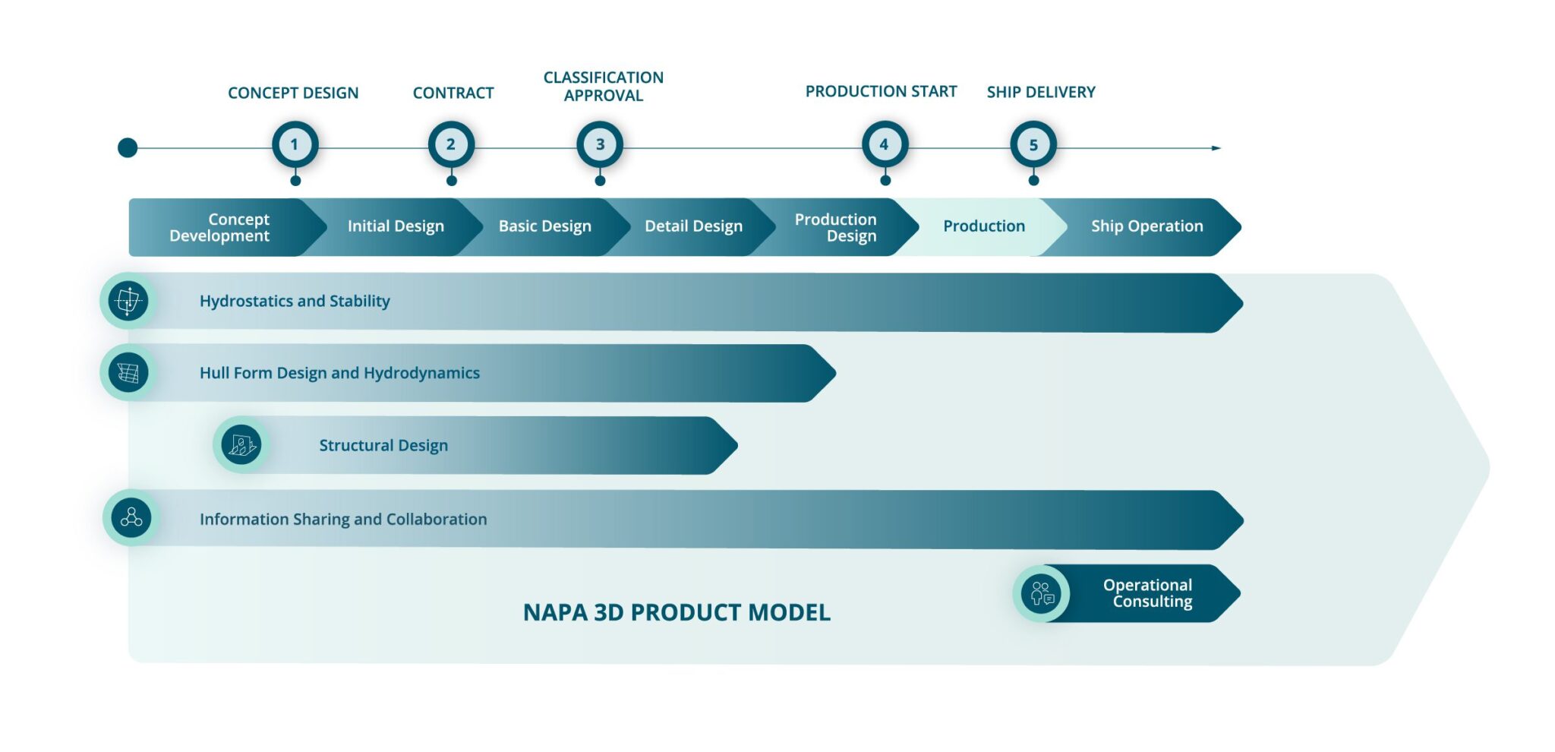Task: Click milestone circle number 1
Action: tap(295, 144)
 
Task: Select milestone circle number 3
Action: tap(600, 144)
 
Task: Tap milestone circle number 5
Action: tap(1033, 144)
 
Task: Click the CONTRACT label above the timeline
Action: tap(453, 93)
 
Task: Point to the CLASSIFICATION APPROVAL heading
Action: tap(604, 87)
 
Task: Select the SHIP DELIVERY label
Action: tap(1041, 92)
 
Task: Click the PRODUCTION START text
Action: tap(881, 91)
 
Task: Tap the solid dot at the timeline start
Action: tap(128, 147)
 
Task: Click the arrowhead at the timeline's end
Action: tap(1216, 148)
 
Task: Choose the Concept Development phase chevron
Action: tap(220, 227)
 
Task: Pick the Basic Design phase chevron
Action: tap(544, 226)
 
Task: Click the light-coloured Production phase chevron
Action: tap(984, 226)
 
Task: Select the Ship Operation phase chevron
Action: tap(1147, 226)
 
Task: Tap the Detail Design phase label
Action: tap(693, 226)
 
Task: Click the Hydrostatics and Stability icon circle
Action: tap(128, 301)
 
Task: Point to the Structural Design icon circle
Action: tap(241, 444)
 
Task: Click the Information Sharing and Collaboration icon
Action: tap(131, 518)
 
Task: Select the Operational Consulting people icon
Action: tap(1041, 593)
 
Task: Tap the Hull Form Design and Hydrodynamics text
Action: tap(339, 373)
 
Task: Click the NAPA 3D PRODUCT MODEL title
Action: tap(677, 612)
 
